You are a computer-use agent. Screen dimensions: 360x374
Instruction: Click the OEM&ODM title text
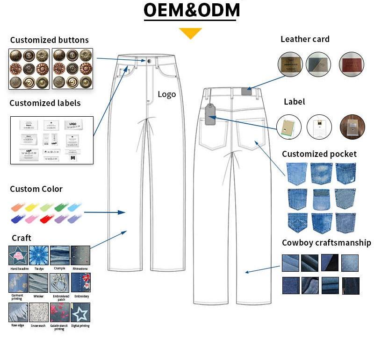(192, 10)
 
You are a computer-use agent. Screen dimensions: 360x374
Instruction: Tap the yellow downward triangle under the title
(190, 33)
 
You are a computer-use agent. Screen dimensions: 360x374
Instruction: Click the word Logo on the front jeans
(166, 94)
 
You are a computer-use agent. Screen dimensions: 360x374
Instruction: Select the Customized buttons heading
(49, 40)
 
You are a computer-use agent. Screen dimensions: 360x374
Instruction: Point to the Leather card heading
(305, 39)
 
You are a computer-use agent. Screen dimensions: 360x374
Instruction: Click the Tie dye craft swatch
(39, 255)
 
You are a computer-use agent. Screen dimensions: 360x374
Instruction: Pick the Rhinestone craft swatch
(80, 255)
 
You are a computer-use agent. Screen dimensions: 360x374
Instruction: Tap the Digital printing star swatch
(80, 312)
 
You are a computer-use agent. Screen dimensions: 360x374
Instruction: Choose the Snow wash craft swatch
(39, 312)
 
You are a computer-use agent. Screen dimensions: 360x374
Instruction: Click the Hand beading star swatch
(18, 255)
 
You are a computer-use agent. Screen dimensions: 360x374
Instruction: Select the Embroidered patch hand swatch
(60, 283)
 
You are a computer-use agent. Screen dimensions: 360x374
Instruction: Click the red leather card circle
(351, 64)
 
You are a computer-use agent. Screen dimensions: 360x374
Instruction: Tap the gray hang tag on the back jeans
(209, 115)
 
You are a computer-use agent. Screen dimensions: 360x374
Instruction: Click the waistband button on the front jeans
(148, 61)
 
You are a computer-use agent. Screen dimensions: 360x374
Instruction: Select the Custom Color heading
(36, 189)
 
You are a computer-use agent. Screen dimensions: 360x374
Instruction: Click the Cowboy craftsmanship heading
(326, 243)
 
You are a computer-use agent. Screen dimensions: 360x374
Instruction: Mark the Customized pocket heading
(319, 154)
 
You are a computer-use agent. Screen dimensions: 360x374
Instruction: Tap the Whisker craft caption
(39, 296)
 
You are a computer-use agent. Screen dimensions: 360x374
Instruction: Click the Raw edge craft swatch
(18, 312)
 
